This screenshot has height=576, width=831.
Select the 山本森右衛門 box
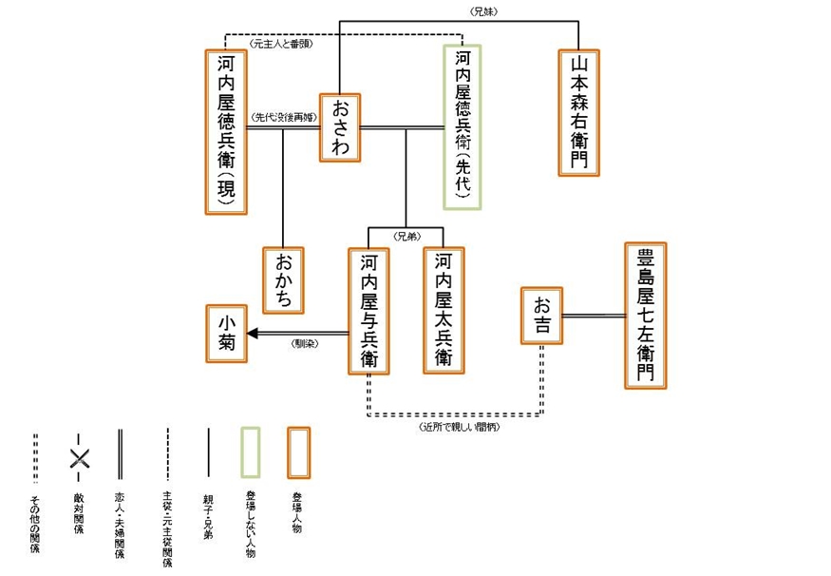point(578,112)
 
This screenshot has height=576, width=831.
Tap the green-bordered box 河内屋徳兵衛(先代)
point(463,126)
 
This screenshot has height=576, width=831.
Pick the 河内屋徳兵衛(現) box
point(227,131)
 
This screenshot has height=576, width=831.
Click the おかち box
point(284,279)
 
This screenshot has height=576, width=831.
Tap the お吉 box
point(541,316)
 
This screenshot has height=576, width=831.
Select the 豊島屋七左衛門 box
point(645,316)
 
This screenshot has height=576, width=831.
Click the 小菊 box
point(227,334)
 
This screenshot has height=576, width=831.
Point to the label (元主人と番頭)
point(281,44)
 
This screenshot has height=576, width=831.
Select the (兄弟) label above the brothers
point(406,235)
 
